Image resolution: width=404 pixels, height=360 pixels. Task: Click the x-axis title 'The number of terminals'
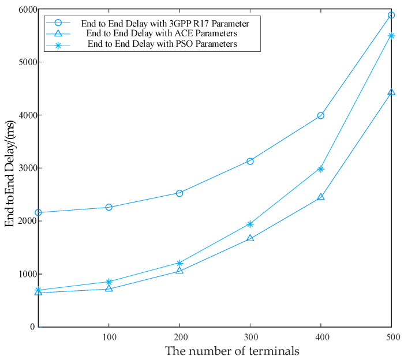tap(215, 350)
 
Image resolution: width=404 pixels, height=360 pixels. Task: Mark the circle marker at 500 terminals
tap(391, 15)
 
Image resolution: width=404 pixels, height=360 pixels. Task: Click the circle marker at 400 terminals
tap(321, 115)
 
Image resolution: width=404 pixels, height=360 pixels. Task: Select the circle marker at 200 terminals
tap(179, 193)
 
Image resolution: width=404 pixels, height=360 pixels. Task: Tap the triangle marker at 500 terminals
tap(391, 92)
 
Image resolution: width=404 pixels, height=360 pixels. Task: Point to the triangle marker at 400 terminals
tap(321, 197)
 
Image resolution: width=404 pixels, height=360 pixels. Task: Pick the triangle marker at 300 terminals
tap(250, 238)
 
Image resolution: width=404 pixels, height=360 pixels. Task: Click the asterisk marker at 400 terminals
tap(321, 169)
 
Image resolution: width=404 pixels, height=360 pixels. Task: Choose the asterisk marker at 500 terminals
tap(391, 36)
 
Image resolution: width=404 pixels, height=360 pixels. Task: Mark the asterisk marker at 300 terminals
tap(250, 224)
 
